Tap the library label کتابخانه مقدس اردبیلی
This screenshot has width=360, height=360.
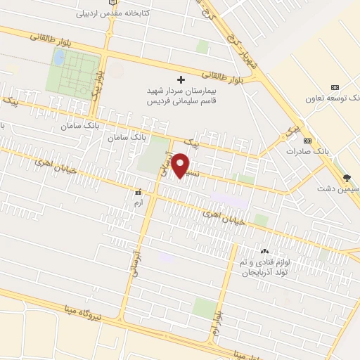coord(105,13)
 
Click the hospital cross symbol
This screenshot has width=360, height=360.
coord(181,79)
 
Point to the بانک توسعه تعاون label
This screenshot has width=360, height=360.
coord(333,99)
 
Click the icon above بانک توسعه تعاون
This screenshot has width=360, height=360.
coord(334,86)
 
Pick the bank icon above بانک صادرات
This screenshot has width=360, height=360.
coord(307,140)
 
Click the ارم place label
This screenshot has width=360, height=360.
coord(138,202)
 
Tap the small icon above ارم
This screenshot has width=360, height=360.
coord(139,191)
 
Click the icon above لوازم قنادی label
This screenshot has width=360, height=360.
coord(264,251)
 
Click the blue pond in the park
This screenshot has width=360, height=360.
coord(60,56)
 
